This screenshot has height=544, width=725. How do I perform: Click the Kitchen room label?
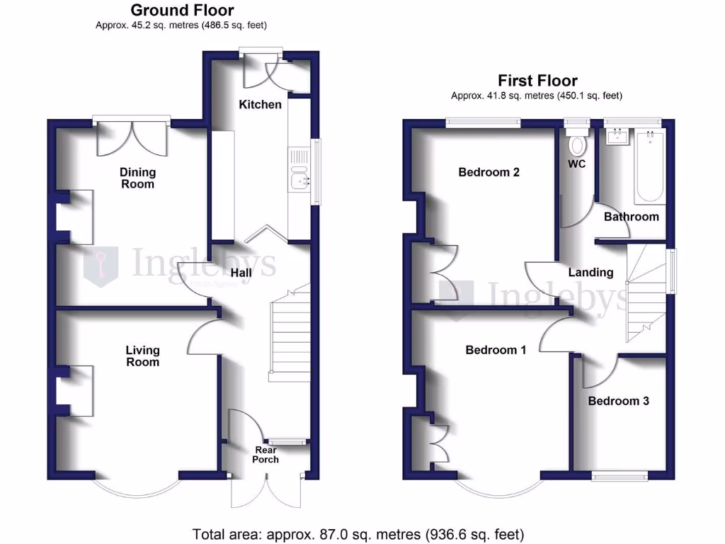point(260,105)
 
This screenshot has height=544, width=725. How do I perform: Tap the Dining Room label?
point(137,178)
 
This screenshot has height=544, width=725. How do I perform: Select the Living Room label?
point(142,356)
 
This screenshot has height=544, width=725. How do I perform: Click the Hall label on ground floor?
point(244,273)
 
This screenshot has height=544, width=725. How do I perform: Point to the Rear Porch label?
point(267,455)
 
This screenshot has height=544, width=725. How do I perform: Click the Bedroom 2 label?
point(489,172)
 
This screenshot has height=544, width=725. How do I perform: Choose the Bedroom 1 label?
point(496,350)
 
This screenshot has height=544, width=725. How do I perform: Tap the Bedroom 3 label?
point(619,401)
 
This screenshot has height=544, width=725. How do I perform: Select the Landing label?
point(591,272)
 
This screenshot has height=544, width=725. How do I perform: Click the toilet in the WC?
point(578,144)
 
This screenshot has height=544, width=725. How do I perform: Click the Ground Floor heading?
point(182,10)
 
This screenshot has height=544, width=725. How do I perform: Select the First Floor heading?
point(537,81)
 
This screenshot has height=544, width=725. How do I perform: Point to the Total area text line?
point(358,533)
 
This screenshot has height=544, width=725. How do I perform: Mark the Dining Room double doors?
point(132,137)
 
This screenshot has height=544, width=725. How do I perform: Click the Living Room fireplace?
point(76,390)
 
